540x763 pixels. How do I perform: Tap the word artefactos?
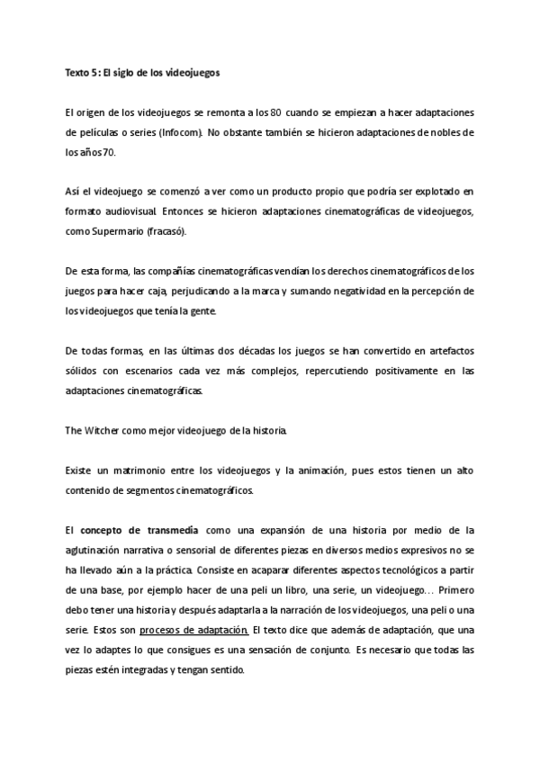[445, 350]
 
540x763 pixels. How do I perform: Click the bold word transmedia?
[172, 531]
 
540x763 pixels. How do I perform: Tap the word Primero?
[447, 590]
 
